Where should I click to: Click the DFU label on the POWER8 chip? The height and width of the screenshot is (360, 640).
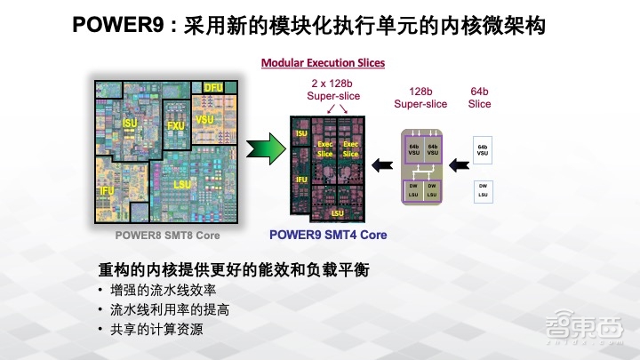click(213, 87)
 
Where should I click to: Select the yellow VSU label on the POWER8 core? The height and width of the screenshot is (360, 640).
click(205, 119)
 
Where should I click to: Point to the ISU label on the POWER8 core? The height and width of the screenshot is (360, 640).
click(131, 122)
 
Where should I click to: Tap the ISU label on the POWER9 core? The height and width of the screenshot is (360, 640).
click(301, 134)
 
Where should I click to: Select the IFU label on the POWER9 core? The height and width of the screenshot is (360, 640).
click(301, 180)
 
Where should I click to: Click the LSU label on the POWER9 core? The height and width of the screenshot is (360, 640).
click(338, 213)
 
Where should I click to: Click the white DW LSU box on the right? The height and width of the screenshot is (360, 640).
click(483, 189)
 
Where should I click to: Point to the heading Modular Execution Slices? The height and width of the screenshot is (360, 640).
click(323, 62)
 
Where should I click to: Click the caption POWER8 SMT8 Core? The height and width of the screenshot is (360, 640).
click(167, 236)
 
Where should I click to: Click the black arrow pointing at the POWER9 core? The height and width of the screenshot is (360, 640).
click(382, 164)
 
